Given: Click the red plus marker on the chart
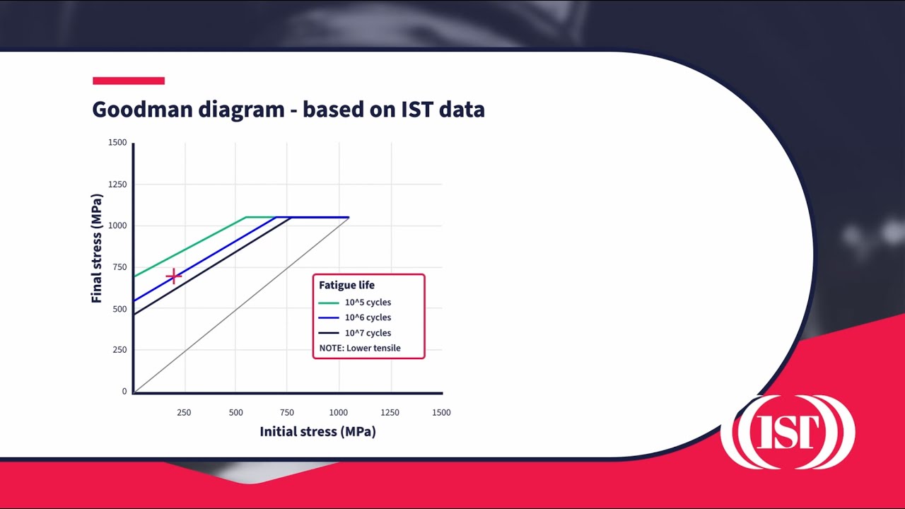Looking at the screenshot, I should (173, 276).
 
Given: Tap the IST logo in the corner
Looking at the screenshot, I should (788, 431).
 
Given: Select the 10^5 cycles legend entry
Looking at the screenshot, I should (367, 303).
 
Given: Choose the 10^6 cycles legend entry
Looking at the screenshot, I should (367, 317).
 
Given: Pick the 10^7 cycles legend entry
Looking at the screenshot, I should (367, 333).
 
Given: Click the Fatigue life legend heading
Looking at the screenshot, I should (346, 286).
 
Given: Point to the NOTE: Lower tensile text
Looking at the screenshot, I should (360, 348).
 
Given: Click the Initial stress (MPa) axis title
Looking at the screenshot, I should (317, 431).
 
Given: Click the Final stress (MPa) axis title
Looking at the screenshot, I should (97, 248).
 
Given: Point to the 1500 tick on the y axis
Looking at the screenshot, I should (117, 143).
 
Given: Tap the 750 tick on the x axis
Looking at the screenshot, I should (286, 412).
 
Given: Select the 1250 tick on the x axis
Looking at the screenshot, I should (390, 412).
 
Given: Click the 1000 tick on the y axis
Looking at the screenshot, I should (117, 226).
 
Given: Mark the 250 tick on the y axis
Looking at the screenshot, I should (119, 350).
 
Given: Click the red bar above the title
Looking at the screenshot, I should (129, 81).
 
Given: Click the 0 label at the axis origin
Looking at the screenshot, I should (124, 391).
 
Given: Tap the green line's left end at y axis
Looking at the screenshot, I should (134, 276).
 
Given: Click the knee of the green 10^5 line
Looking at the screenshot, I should (245, 217).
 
